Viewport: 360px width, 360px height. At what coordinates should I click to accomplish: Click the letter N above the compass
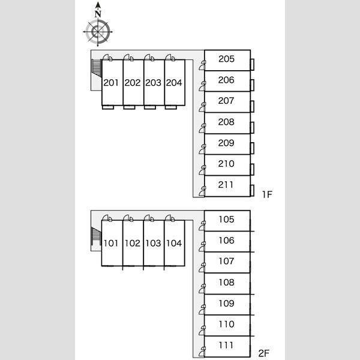(x=98, y=14)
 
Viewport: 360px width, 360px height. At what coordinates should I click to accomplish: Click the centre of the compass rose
(x=98, y=32)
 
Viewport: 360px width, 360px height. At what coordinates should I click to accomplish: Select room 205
(x=227, y=60)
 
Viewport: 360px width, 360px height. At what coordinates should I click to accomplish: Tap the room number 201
(x=111, y=83)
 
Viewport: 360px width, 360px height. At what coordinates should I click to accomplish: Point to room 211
(x=227, y=186)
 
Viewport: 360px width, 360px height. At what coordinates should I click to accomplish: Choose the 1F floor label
(x=267, y=194)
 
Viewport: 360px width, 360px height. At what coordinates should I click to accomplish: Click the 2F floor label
(x=263, y=353)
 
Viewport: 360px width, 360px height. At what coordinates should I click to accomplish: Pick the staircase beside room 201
(x=97, y=68)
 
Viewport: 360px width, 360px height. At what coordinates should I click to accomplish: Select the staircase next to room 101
(x=96, y=236)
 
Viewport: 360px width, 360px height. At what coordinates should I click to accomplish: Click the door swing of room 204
(x=170, y=58)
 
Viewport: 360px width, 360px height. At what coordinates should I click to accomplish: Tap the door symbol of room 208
(x=202, y=128)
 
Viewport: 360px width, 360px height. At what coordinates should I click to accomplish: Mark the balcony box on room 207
(x=252, y=107)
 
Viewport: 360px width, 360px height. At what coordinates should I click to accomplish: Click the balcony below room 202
(x=129, y=107)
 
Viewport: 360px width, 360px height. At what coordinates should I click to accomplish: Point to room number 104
(x=174, y=244)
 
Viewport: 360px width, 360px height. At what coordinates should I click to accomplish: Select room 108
(x=227, y=284)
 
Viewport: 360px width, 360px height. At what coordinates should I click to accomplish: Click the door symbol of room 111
(x=202, y=352)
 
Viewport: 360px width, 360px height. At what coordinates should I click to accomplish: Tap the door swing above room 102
(x=128, y=218)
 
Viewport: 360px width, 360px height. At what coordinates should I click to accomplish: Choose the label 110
(x=226, y=324)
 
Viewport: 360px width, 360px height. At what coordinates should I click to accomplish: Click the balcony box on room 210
(x=252, y=169)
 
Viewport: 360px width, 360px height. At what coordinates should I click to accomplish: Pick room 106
(x=227, y=242)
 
